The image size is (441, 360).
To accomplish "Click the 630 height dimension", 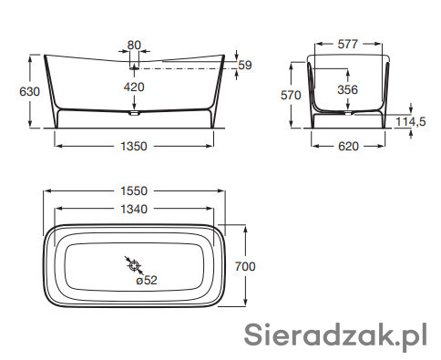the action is coord(29,91).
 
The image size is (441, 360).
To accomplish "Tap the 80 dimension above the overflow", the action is coord(134,46).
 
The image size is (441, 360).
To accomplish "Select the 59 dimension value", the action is coord(245,65).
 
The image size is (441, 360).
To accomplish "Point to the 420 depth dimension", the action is coord(134,87).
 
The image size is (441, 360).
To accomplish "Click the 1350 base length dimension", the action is coord(134,147).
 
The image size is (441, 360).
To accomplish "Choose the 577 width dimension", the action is coord(348,45).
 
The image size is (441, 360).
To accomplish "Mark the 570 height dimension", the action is coord(291,96).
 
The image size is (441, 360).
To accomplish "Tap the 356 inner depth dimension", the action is coord(348,89).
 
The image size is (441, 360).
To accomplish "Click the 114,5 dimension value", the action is coord(411,122).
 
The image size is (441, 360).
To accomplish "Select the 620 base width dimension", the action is coord(348,147).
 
